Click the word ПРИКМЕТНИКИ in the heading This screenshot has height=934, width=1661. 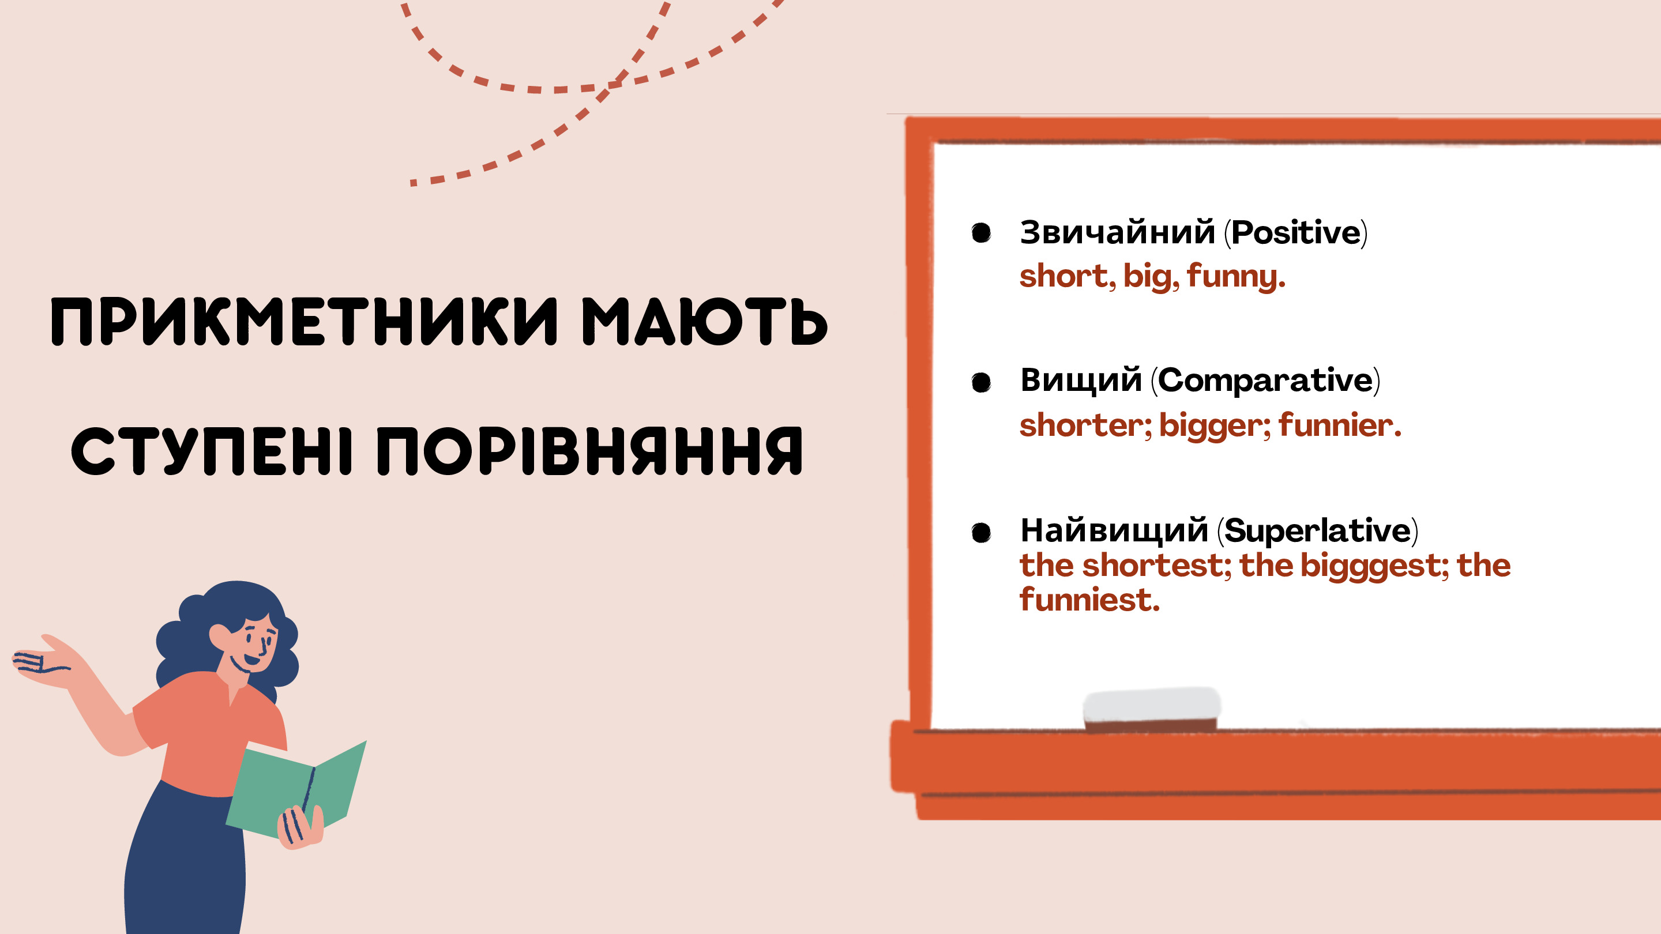click(x=305, y=322)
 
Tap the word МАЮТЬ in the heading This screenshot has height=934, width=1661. click(x=705, y=322)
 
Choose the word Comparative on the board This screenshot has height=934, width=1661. click(x=1265, y=380)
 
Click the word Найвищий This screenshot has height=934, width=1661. click(x=1114, y=530)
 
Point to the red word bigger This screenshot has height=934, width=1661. click(x=1211, y=426)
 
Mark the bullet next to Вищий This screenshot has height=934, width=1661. click(x=982, y=382)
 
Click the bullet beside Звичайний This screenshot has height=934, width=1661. click(x=982, y=233)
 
